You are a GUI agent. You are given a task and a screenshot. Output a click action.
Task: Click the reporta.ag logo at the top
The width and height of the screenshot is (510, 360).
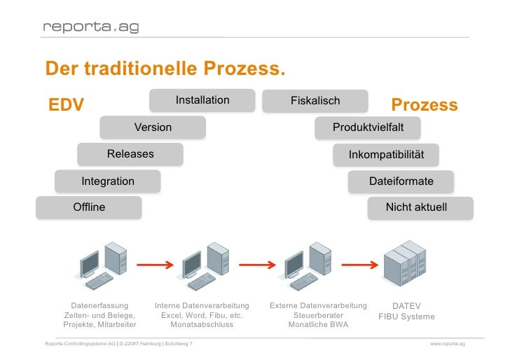[90, 27]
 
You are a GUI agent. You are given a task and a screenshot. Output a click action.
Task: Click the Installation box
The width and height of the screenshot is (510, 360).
[202, 101]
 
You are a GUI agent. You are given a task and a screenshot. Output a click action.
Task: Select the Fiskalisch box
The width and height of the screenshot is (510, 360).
[315, 102]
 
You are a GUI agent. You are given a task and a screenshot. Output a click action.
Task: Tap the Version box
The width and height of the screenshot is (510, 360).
[153, 127]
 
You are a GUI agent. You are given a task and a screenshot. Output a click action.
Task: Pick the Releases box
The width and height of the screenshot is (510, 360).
[130, 154]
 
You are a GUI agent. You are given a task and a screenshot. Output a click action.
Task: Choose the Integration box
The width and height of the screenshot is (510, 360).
[108, 181]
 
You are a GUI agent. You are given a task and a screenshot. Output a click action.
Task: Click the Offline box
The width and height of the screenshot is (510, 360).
[89, 207]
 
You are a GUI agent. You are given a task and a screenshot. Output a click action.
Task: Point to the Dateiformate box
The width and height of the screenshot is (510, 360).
[401, 181]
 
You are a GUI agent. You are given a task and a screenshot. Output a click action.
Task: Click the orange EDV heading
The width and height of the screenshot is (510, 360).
[66, 106]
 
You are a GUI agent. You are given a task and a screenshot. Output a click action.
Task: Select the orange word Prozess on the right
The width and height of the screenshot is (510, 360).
[425, 106]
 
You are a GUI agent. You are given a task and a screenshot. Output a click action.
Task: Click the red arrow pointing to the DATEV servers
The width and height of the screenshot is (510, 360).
[357, 265]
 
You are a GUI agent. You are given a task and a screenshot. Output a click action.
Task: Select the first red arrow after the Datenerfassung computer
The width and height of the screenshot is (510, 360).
[154, 265]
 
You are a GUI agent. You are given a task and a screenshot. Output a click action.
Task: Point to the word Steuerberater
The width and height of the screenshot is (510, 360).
[318, 315]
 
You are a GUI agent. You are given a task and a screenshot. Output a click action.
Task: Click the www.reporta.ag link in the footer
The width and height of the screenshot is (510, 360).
[448, 345]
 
